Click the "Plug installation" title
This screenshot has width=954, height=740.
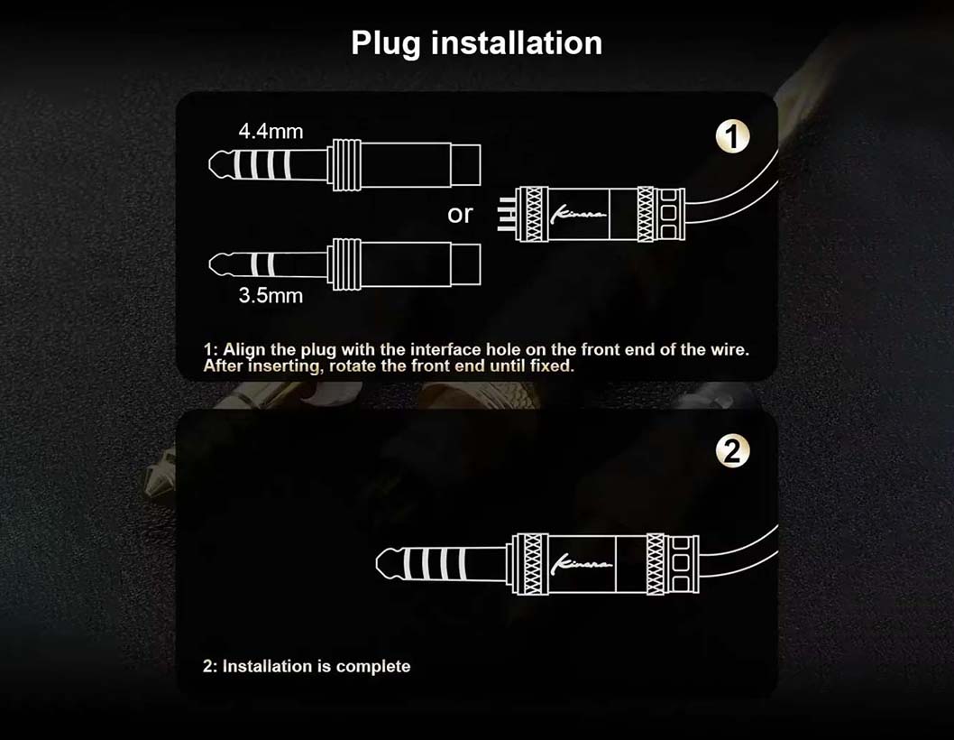476,43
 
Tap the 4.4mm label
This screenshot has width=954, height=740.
271,131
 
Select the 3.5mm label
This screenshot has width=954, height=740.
271,295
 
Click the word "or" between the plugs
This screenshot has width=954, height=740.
460,215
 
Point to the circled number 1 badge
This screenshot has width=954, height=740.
732,136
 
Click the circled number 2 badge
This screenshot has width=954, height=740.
732,451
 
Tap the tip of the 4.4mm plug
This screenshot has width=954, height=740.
212,164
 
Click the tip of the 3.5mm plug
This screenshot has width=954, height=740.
212,264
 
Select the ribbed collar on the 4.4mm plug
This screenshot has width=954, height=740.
344,164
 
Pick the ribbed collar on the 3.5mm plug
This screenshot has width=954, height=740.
344,264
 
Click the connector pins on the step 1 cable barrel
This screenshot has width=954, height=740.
506,215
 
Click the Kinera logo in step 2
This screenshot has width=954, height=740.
581,565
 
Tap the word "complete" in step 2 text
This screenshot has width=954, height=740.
373,666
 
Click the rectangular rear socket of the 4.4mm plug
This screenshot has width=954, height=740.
465,164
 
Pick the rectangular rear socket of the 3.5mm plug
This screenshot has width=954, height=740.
465,264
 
